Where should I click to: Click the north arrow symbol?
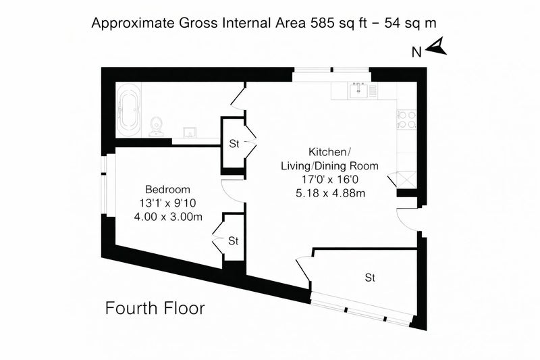(437, 47)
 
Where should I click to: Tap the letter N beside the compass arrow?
(416, 52)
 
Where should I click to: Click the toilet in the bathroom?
(157, 126)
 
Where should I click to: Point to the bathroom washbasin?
(190, 132)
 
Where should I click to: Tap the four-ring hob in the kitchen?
(407, 120)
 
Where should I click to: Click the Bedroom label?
(167, 190)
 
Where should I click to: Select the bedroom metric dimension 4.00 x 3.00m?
(167, 217)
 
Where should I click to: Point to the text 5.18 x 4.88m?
(330, 193)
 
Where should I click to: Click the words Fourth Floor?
(155, 308)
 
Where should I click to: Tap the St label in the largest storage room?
(370, 278)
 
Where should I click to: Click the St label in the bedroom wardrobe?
(233, 241)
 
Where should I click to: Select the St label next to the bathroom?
(234, 144)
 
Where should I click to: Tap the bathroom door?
(238, 97)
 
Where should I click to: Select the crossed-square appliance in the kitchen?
(407, 180)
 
